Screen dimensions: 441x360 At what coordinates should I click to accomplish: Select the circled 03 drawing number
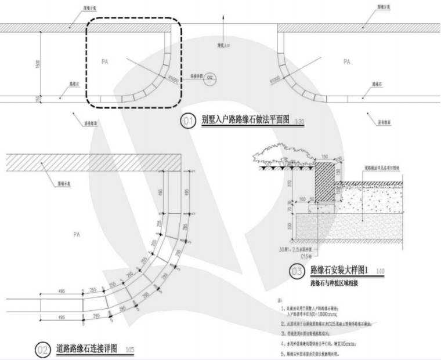click(x=296, y=271)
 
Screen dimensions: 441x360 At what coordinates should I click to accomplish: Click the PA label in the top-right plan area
click(x=346, y=61)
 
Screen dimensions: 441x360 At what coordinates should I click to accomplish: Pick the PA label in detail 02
click(x=77, y=234)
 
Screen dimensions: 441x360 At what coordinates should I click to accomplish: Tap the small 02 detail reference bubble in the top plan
click(x=210, y=77)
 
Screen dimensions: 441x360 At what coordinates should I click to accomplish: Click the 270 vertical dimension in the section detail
click(x=289, y=184)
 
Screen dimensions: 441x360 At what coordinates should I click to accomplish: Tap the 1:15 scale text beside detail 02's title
click(x=130, y=349)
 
